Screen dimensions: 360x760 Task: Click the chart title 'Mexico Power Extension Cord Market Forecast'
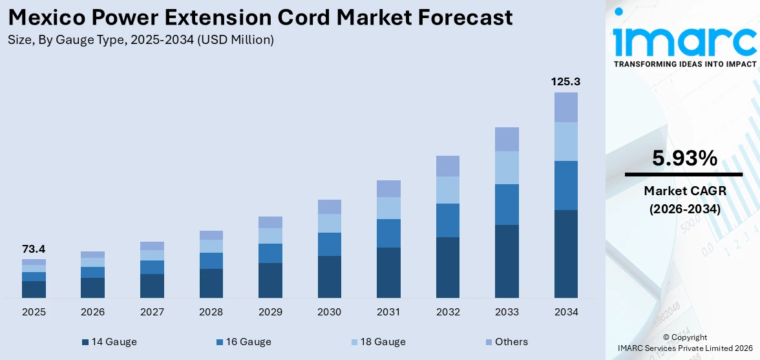[260, 17]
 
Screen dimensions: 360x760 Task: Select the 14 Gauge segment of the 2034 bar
[566, 253]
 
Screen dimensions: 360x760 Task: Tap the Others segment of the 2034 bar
[566, 107]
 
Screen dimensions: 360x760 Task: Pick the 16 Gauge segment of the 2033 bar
[507, 204]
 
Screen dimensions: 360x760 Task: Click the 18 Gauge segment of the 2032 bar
[448, 190]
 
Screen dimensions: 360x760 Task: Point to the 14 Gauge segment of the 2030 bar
[330, 277]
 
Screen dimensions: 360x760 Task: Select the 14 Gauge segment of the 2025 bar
[34, 290]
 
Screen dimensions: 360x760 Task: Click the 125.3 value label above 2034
[566, 81]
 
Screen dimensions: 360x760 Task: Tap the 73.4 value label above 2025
[34, 249]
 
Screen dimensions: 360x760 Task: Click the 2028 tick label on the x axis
[211, 312]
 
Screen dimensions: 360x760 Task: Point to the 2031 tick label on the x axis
[388, 312]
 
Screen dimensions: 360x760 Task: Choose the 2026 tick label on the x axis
[93, 312]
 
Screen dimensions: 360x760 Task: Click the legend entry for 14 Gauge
[109, 342]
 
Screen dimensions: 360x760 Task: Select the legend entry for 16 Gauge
[244, 342]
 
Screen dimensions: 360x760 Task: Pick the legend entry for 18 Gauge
[378, 342]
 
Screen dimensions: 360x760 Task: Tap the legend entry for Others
[506, 342]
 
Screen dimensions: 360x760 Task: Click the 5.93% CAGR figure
[684, 158]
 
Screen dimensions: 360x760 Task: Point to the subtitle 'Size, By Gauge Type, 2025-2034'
[141, 40]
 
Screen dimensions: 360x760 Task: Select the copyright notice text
[684, 343]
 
